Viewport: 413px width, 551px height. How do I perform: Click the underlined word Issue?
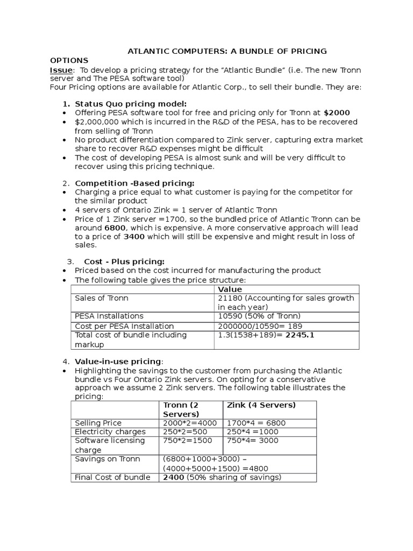(60, 70)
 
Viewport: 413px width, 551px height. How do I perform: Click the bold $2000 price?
(337, 113)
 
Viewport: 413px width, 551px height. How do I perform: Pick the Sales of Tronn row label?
(102, 298)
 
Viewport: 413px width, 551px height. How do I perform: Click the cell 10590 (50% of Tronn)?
(259, 316)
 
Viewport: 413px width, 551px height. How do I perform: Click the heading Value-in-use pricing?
(118, 361)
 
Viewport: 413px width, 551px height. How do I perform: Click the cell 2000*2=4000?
(190, 423)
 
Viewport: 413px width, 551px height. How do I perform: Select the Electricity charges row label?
(110, 432)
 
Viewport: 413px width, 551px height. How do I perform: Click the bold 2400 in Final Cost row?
(174, 477)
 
